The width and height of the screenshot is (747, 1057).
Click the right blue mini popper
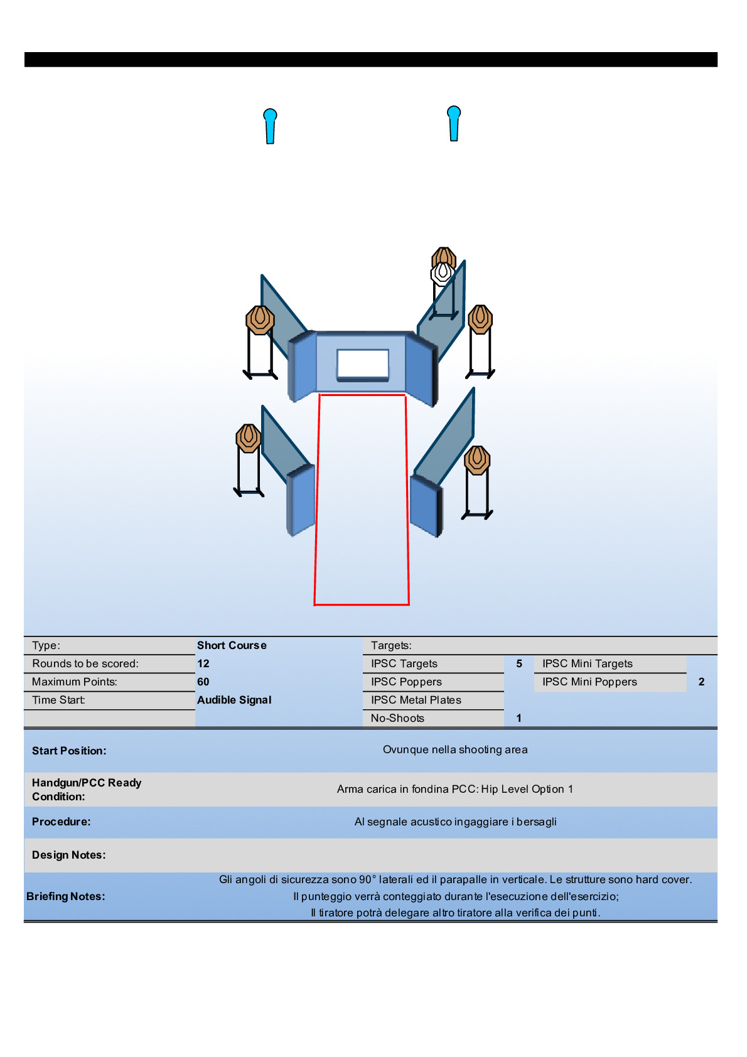[x=454, y=124]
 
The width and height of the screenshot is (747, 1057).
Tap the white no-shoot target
[x=443, y=273]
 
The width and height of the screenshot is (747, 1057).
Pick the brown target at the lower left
[x=249, y=437]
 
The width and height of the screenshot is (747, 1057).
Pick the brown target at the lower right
[x=477, y=460]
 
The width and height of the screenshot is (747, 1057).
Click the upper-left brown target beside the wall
[x=260, y=319]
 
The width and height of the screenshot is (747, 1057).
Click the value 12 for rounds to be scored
[x=203, y=663]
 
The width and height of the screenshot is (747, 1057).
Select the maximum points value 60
[x=203, y=682]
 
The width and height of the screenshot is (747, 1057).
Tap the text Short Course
[x=232, y=645]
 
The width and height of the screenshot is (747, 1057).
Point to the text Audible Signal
[x=234, y=700]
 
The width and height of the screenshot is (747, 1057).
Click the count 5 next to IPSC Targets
[x=519, y=663]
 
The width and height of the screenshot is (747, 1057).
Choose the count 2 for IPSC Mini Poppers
[x=701, y=682]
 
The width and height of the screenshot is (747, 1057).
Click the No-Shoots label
[x=397, y=718]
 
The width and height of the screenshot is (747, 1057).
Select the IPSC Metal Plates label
[x=416, y=700]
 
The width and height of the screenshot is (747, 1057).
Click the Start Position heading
[x=69, y=751]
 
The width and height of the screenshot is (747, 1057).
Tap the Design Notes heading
[x=69, y=855]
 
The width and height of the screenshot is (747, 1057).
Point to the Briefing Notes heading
[x=66, y=896]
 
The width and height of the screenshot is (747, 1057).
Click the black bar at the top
[x=370, y=60]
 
